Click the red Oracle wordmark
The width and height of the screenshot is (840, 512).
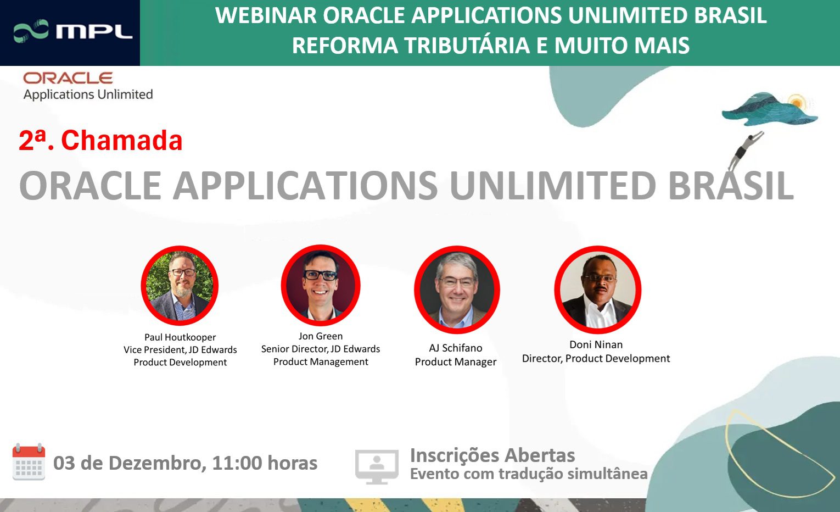coord(68,78)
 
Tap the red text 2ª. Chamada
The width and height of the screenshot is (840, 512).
coord(100,141)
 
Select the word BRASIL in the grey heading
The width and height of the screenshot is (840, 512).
coord(730,186)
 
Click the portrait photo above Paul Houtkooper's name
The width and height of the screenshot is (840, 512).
coord(180,286)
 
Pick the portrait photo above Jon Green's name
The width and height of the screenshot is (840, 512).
coord(321,285)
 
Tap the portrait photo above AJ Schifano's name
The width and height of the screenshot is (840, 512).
coord(456,290)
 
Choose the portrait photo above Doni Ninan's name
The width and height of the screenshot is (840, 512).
coord(597,290)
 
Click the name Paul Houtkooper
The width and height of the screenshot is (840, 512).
coord(180,337)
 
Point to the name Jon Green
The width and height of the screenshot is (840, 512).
coord(321,336)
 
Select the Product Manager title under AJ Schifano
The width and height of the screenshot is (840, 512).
coord(456,362)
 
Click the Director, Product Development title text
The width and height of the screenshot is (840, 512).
coord(596,359)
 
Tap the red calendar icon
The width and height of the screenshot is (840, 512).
coord(29,462)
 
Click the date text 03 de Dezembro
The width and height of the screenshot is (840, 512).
coord(129,463)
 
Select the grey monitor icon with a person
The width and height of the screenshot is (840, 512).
coord(377,466)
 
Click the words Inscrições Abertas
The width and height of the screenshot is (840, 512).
coord(492,455)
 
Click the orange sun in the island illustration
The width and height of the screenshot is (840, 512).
coord(796,103)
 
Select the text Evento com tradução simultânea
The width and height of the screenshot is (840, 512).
coord(529,474)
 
